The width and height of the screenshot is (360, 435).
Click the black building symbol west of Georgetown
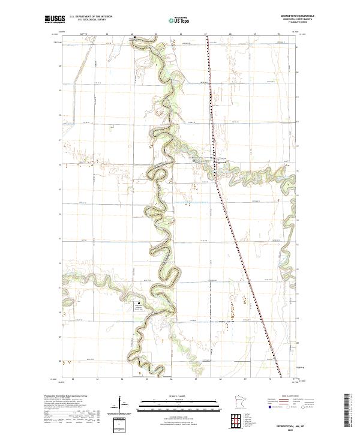click(193, 160)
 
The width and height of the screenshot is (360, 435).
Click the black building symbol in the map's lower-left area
click(141, 302)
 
